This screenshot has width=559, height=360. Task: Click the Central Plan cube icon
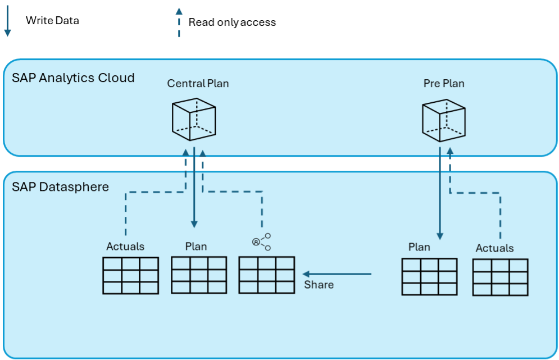point(193,120)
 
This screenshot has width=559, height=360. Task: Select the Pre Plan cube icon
point(443,120)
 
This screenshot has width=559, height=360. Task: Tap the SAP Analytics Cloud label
point(73,78)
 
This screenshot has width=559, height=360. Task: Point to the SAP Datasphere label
point(60,186)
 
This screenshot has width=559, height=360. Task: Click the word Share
point(319,285)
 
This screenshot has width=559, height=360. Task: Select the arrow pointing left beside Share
point(337,274)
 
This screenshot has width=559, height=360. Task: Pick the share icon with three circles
point(262,241)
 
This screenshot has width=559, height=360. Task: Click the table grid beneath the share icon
point(266,275)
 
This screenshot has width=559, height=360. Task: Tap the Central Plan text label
point(198,84)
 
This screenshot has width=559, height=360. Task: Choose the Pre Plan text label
point(444,84)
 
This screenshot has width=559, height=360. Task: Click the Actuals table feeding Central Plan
point(130,275)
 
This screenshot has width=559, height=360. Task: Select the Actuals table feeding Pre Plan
point(500,277)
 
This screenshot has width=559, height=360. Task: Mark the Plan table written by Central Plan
point(199,275)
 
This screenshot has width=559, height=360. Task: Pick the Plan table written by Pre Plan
point(429,276)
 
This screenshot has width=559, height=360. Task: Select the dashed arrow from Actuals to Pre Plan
point(499,213)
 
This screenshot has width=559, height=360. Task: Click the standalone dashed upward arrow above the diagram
point(179,22)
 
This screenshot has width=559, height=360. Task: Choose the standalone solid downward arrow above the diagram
point(8,22)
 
